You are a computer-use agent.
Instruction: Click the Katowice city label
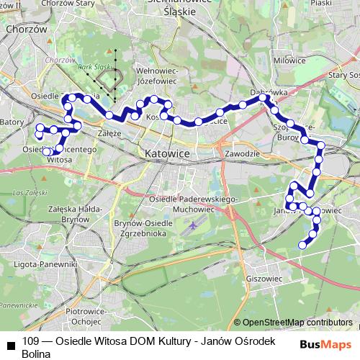pyautogui.click(x=166, y=153)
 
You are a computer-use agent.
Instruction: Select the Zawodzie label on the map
pyautogui.click(x=241, y=154)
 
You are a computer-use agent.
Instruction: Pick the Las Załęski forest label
pyautogui.click(x=26, y=192)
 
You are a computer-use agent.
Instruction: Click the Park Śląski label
pyautogui.click(x=91, y=68)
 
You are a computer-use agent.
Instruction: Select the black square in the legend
pyautogui.click(x=11, y=344)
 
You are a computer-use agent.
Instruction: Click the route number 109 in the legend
pyautogui.click(x=31, y=341)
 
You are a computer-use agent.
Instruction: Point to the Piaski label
pyautogui.click(x=343, y=3)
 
